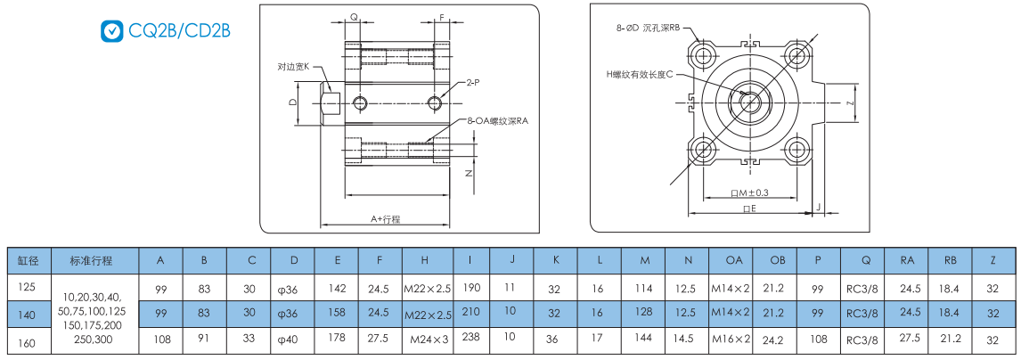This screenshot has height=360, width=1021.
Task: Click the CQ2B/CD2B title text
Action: pos(180,30)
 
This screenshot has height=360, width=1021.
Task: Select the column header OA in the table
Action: pos(732,260)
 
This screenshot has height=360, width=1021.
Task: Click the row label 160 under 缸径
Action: pos(27,340)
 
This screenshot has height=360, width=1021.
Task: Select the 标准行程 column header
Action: pos(91,260)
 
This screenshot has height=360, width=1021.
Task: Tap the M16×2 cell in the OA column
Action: pos(731,340)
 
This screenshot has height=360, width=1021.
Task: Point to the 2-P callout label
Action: pos(473,82)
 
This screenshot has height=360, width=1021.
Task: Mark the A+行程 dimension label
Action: pos(385,217)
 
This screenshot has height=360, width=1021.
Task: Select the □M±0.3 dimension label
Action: pos(749,192)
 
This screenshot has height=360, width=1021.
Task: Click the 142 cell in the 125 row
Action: pos(338,288)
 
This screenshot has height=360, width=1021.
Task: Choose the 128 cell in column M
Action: pos(644,314)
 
